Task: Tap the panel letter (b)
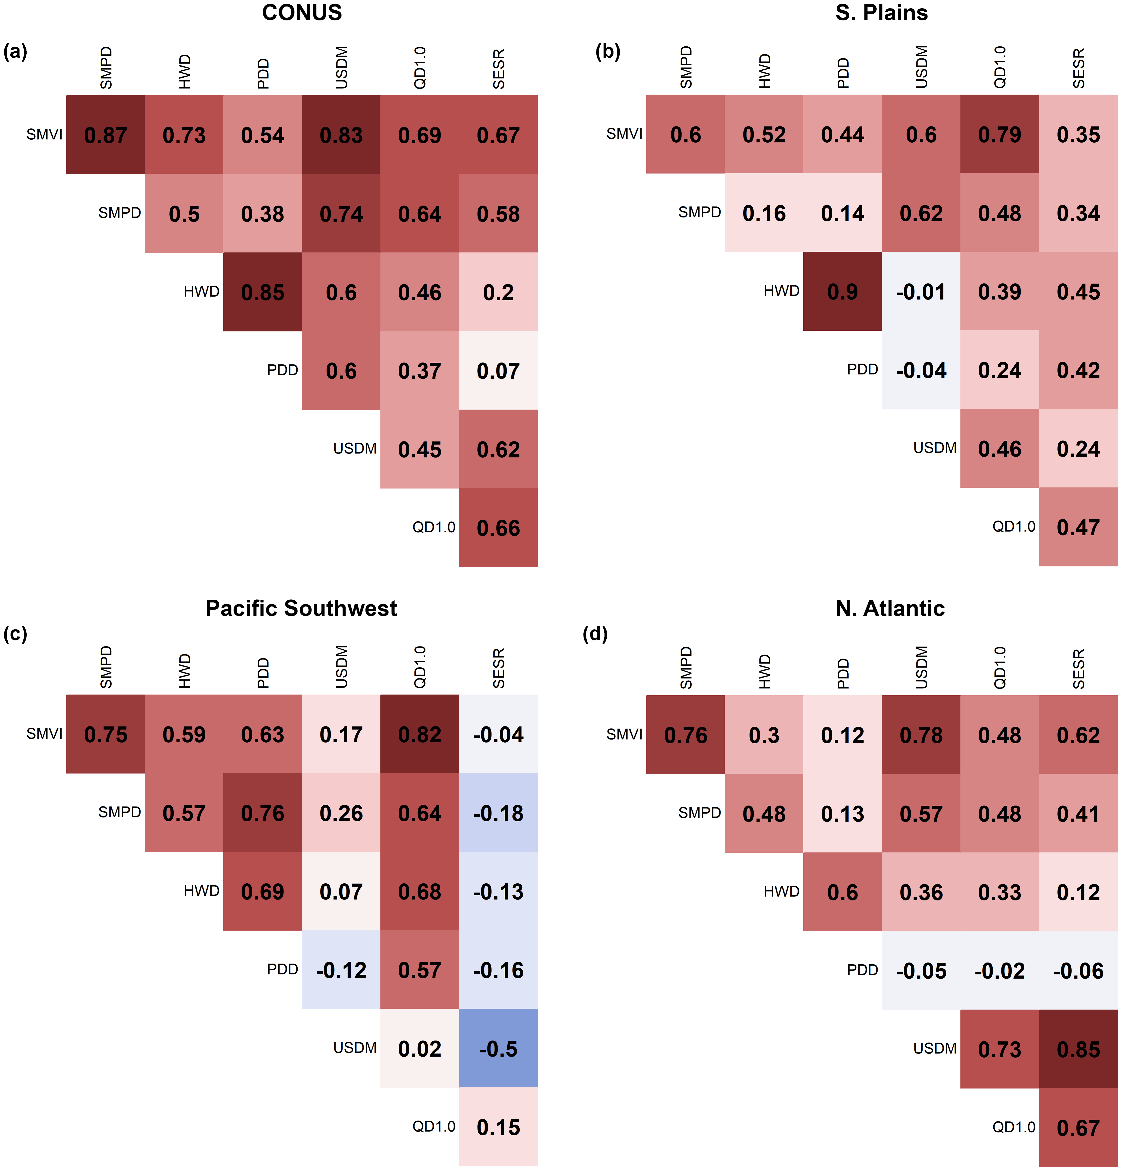coord(608,52)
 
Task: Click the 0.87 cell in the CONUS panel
coord(106,135)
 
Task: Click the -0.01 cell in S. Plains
coord(921,292)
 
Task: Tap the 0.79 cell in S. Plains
coord(1000,134)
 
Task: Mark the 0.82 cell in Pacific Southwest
coord(420,734)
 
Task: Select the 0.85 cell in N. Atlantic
coord(1078,1049)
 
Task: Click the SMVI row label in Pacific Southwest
coord(44,733)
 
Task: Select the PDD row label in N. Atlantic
coord(862,970)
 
